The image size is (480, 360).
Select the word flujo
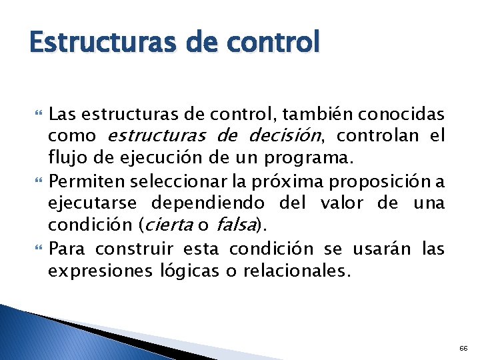click(x=65, y=158)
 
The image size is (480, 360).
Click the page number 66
click(x=463, y=348)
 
